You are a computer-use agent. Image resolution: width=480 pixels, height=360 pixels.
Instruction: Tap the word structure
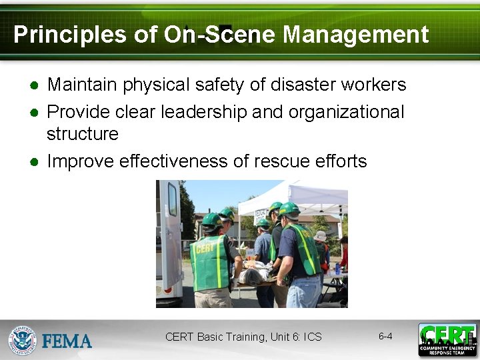click(x=83, y=134)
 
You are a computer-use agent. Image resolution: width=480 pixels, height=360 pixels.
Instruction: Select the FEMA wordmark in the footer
click(x=67, y=341)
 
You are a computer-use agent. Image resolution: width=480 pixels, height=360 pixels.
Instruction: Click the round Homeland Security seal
click(x=22, y=340)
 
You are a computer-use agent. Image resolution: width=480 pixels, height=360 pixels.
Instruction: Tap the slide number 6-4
click(x=385, y=336)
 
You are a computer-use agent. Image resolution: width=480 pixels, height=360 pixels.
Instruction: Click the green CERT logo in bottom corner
click(x=447, y=339)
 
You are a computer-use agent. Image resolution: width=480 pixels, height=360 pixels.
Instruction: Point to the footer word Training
click(x=243, y=337)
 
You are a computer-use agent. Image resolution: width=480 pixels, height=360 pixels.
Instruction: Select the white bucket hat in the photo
click(x=321, y=236)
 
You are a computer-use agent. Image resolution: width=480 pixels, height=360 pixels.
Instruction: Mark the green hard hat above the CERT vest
click(x=211, y=219)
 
